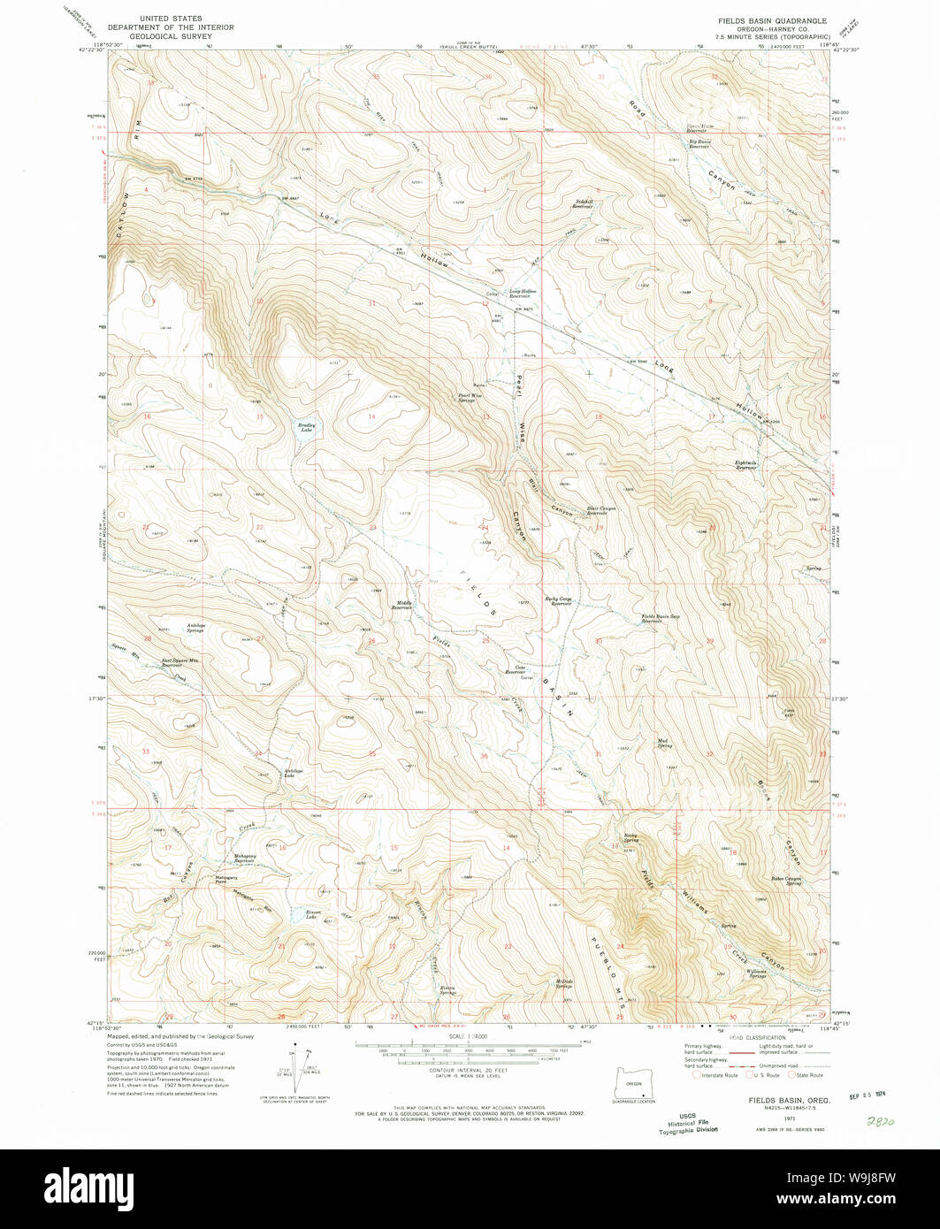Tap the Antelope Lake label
294,773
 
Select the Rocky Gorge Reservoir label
561,602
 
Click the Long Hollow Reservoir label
523,293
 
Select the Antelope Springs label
195,628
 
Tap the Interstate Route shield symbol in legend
697,1075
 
